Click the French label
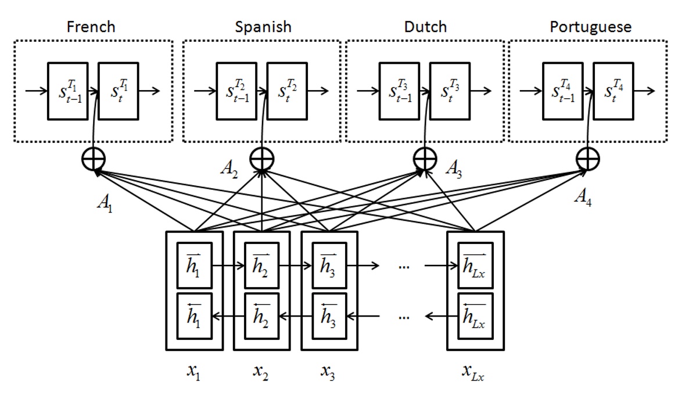coord(91,27)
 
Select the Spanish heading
coord(263,27)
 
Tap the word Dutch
coord(425,27)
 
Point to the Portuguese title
coord(590,27)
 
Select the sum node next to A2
coord(261,159)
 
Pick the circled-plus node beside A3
coord(425,159)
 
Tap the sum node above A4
coord(587,159)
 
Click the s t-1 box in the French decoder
coord(68,91)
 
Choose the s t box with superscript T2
coord(287,91)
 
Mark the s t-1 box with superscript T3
coord(399,91)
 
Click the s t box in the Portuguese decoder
coord(613,91)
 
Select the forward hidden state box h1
coord(194,266)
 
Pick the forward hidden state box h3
coord(329,266)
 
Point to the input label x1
coord(194,372)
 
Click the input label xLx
coord(473,372)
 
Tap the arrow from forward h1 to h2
coord(228,266)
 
